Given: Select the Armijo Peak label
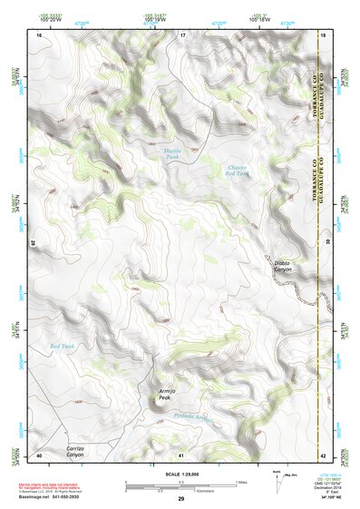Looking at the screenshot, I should click(x=158, y=393).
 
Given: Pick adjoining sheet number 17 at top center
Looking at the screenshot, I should click(x=181, y=34).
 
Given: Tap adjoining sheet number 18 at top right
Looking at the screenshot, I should click(x=324, y=34).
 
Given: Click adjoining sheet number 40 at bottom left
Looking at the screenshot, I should click(x=39, y=454).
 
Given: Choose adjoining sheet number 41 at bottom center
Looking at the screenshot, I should click(x=181, y=454).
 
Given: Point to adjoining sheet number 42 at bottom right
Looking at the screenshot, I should click(x=324, y=454).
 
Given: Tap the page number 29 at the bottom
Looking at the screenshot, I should click(x=180, y=499).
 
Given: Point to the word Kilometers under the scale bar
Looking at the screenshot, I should click(x=181, y=491).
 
